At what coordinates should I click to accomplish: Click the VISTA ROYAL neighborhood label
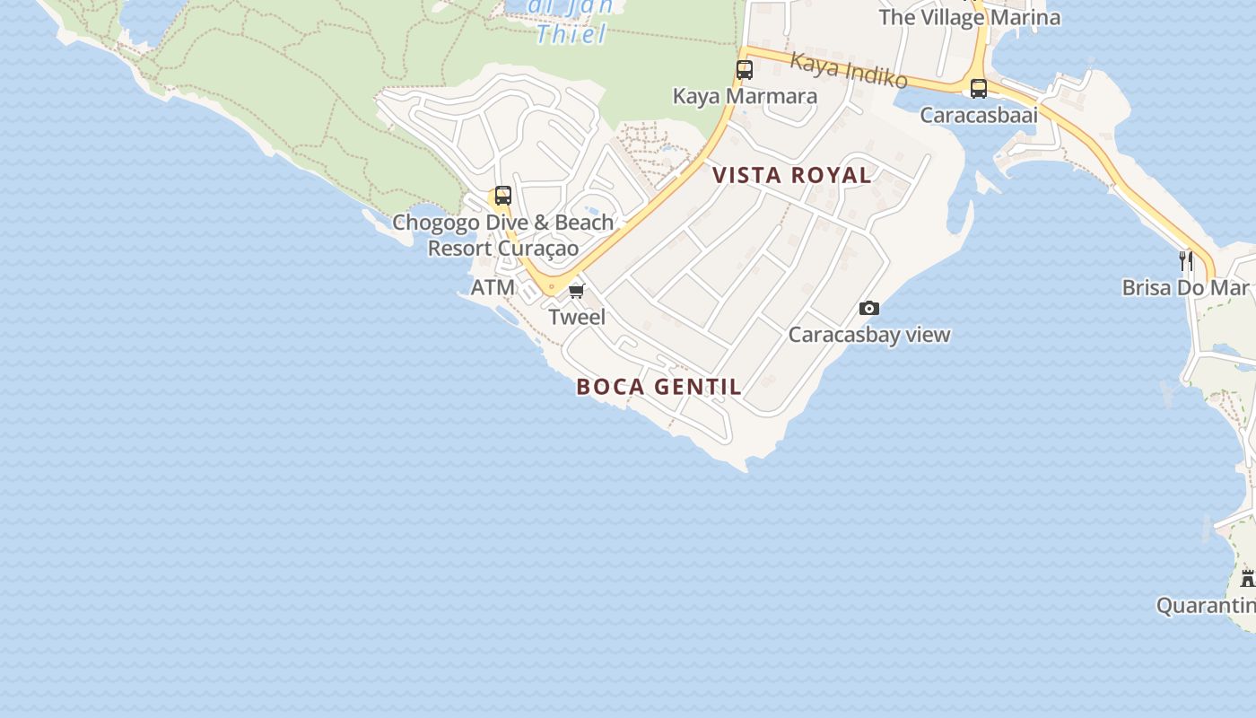(x=792, y=175)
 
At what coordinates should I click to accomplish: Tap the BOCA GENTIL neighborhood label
(x=659, y=387)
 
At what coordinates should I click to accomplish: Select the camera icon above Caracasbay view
(x=868, y=309)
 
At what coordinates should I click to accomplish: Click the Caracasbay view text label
(x=868, y=335)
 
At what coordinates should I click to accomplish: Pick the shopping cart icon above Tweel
(x=577, y=291)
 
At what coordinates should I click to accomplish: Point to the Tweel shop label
(x=577, y=317)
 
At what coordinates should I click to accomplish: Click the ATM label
(x=493, y=287)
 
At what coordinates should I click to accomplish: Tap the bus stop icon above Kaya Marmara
(x=744, y=69)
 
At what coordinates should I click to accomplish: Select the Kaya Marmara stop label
(x=745, y=96)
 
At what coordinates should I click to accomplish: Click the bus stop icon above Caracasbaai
(x=978, y=89)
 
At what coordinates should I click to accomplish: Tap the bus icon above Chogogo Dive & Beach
(x=502, y=196)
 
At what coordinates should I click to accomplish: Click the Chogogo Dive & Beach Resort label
(x=503, y=235)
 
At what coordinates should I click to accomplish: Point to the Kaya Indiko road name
(x=849, y=70)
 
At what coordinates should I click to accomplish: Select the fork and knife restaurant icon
(x=1186, y=261)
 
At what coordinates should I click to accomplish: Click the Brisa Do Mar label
(x=1185, y=288)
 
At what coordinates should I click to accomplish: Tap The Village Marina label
(x=969, y=17)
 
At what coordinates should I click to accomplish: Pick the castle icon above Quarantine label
(x=1247, y=578)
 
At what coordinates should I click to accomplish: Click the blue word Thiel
(x=571, y=35)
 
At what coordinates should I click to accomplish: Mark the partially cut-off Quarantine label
(x=1206, y=606)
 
